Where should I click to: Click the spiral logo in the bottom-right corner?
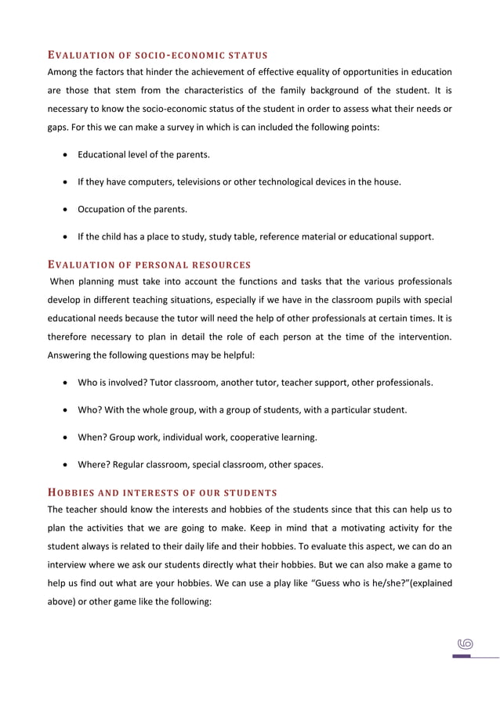click(x=466, y=643)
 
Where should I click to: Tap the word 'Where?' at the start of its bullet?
click(x=94, y=464)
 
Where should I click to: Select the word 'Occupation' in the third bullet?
click(x=102, y=209)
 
